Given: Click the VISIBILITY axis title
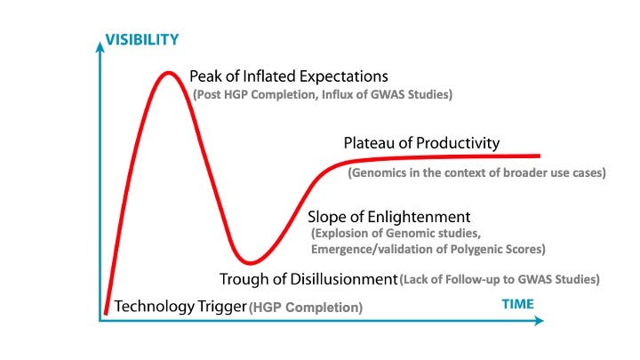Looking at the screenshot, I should pos(142,39).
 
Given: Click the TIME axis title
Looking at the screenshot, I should pos(518,303).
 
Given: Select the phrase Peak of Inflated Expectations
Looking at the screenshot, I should pos(289,76).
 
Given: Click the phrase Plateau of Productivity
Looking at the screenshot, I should pos(421,143).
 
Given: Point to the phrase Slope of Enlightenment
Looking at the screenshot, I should pos(388,217).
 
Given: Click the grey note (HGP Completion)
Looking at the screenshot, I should pos(306,308).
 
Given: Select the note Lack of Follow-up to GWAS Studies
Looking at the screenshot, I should pos(500,279).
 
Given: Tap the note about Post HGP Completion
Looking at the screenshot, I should pos(323,94).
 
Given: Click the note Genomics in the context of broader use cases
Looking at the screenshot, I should pos(476,172).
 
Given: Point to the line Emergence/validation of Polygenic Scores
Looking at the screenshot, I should pos(428,249).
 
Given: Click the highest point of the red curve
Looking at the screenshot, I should pos(168,72).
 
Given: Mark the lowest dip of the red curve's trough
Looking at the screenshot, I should pos(252,262).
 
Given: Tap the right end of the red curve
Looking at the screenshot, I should pos(540,156).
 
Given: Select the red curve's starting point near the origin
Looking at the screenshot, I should pos(106,312).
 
